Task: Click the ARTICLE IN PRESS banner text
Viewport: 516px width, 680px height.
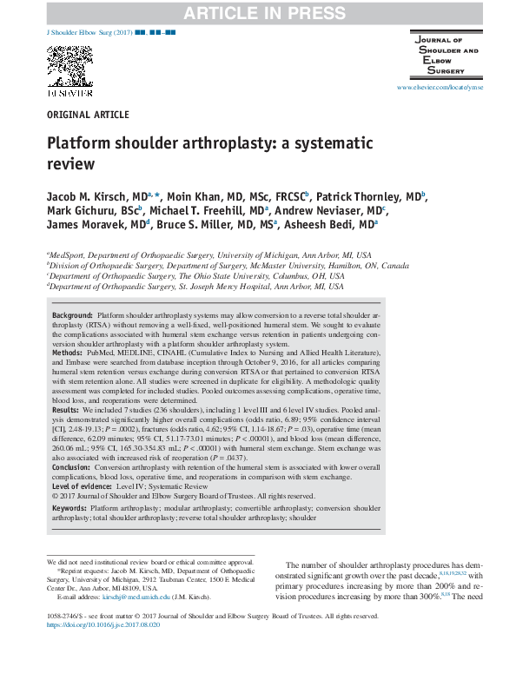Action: coord(259,11)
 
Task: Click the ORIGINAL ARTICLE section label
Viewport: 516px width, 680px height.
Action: coord(88,115)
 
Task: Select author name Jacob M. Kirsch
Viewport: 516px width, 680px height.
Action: coord(96,198)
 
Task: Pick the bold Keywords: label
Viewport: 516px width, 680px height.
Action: coord(73,507)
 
